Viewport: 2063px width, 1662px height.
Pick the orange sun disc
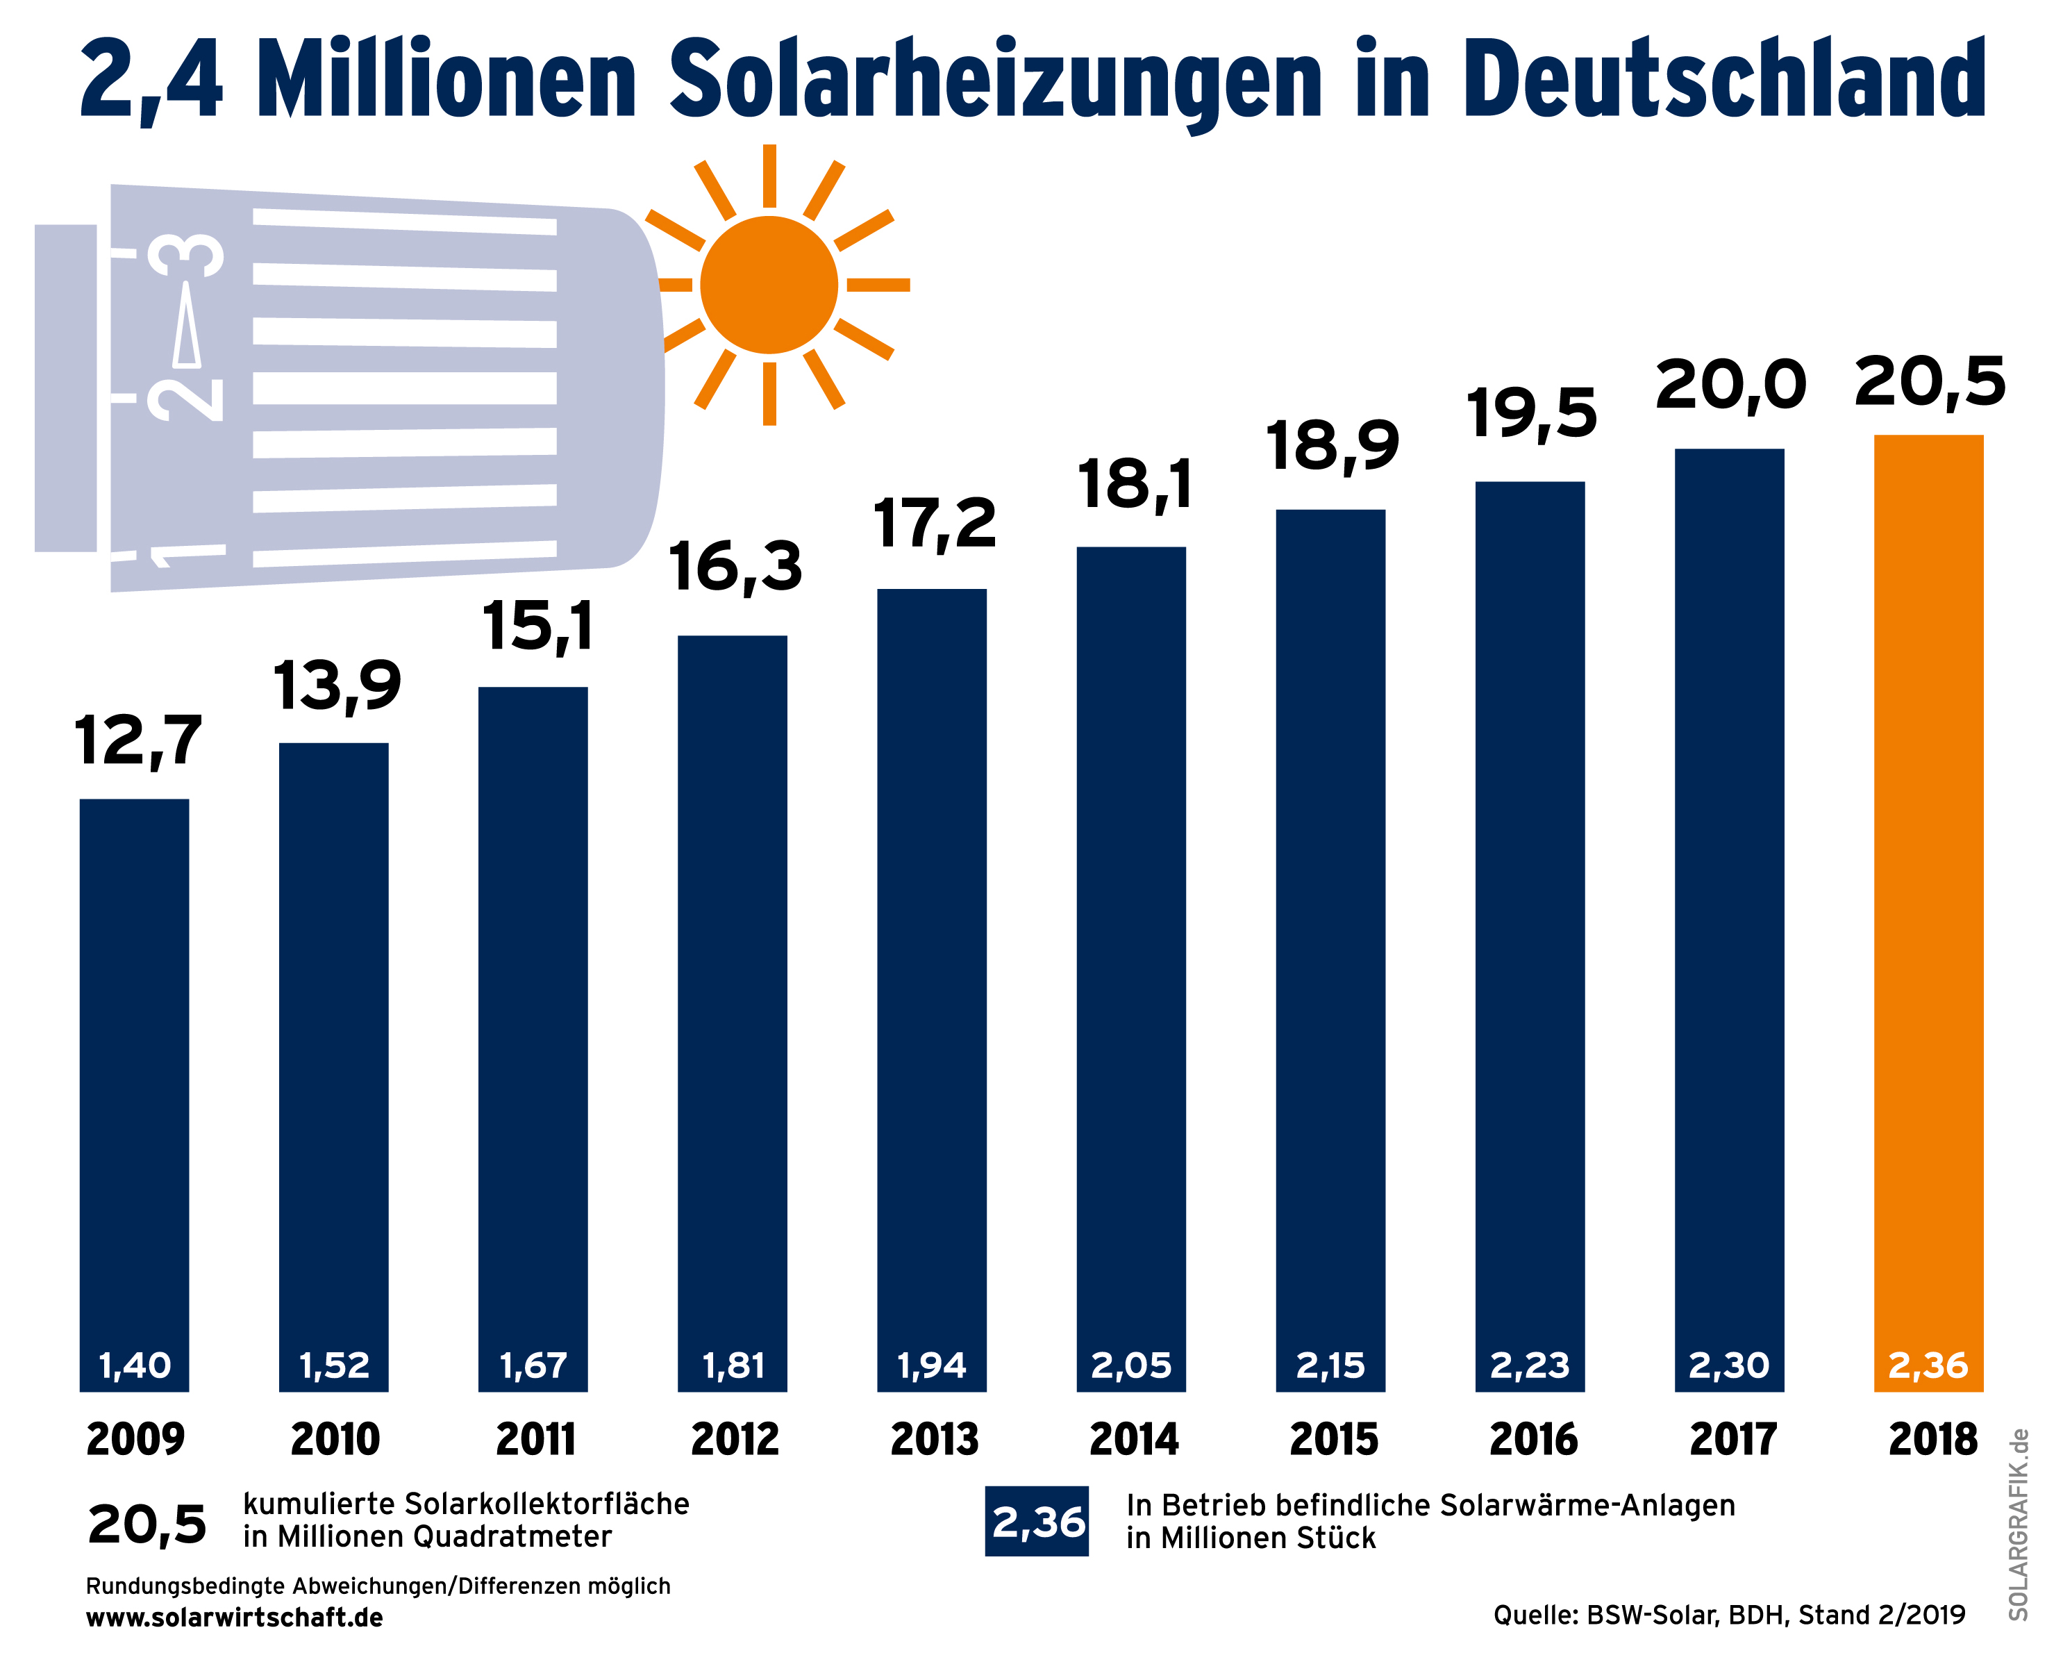[769, 284]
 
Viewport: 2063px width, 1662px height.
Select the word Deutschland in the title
[1723, 78]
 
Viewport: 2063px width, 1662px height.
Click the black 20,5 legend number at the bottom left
[147, 1524]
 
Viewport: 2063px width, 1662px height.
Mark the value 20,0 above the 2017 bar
[1730, 386]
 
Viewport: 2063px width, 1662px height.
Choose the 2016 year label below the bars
[1532, 1440]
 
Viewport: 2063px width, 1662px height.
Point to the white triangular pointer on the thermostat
[187, 326]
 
